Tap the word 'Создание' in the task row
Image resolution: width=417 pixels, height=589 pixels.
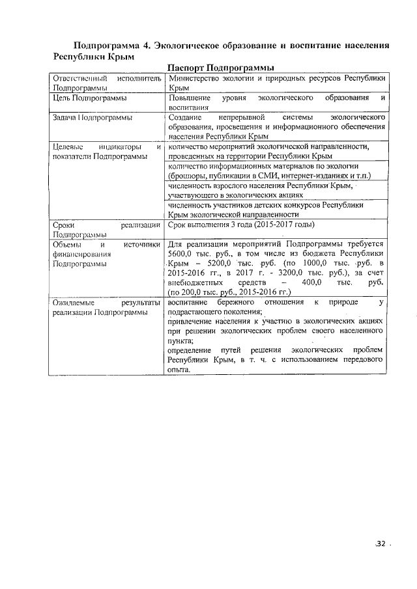tap(184, 118)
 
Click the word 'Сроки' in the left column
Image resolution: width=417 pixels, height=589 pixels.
tap(64, 225)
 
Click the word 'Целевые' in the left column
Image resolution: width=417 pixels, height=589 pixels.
tap(68, 147)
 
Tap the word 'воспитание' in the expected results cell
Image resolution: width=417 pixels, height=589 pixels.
tap(188, 303)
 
